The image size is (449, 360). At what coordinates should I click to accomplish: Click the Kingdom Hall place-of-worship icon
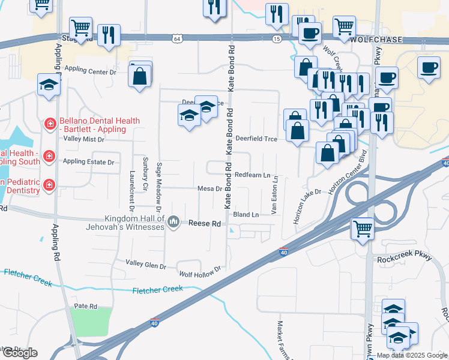click(174, 223)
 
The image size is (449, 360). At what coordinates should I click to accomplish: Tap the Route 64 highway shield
click(176, 38)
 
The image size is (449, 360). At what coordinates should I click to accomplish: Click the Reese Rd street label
click(205, 223)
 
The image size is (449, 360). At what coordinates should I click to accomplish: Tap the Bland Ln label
click(246, 214)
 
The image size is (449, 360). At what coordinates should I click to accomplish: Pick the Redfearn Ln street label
click(252, 175)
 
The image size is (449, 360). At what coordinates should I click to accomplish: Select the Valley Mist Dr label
click(84, 139)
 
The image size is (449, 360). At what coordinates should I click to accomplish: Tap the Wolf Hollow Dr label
click(200, 272)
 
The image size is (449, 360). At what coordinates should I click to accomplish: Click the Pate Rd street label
click(85, 306)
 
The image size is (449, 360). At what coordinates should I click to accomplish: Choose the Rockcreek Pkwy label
click(405, 258)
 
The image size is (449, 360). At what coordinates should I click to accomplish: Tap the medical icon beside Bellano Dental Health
click(50, 124)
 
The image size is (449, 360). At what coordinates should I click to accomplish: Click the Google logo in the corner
click(19, 353)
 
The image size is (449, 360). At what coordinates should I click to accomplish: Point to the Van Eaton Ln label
click(275, 195)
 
